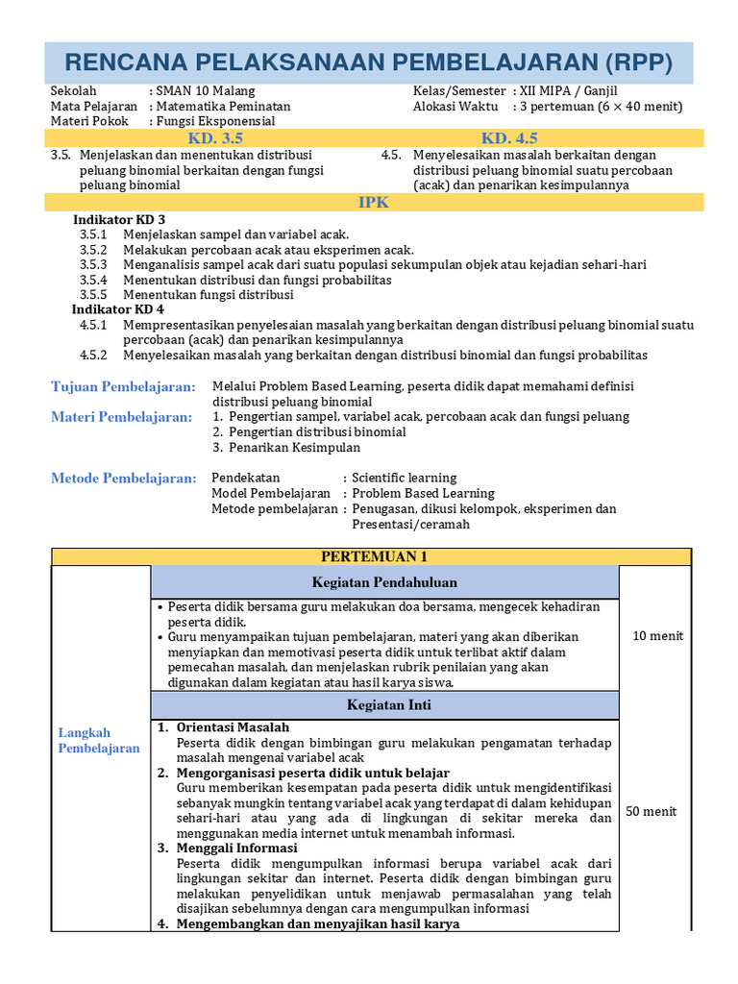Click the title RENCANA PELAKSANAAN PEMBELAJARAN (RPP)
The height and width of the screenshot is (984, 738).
point(368,62)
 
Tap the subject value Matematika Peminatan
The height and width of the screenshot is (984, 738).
point(222,107)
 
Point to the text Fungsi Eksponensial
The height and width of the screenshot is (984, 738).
point(215,122)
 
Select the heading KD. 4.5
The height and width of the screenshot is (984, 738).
point(509,138)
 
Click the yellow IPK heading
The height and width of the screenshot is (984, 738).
point(374,202)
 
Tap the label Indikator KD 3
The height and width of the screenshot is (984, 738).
point(119,219)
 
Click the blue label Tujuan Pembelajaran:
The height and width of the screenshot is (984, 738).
point(123,386)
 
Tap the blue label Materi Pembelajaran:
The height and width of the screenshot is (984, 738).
point(121,417)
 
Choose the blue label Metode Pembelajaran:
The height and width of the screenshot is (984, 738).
point(123,479)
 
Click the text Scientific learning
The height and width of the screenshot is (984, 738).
point(404,478)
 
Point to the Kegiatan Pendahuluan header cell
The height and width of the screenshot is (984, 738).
point(384,582)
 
